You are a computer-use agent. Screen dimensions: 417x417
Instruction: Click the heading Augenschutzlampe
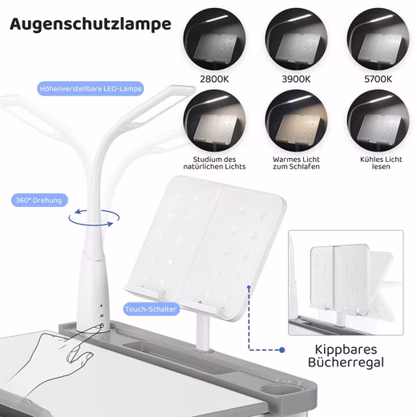91,24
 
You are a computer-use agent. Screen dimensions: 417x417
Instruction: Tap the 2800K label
214,79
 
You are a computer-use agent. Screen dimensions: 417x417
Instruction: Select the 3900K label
296,79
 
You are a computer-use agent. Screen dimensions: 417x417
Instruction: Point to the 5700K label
378,79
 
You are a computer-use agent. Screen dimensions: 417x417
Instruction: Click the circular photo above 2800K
215,39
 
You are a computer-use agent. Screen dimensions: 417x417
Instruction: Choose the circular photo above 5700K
378,39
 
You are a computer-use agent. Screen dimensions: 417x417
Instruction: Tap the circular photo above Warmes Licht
296,121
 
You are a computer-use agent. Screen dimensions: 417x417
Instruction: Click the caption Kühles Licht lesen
381,163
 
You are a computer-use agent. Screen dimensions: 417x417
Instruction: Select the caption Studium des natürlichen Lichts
214,163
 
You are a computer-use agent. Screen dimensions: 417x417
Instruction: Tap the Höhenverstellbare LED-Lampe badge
91,89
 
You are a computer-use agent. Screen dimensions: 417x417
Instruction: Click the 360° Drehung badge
39,200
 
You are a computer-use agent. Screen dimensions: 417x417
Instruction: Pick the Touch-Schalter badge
152,310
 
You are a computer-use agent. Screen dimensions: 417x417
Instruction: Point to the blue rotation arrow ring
94,224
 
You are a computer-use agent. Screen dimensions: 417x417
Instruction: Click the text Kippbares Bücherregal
346,356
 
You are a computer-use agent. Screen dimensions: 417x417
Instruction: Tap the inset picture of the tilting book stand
346,283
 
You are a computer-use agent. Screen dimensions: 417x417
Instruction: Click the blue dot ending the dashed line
281,350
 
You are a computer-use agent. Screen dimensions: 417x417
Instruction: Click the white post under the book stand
203,331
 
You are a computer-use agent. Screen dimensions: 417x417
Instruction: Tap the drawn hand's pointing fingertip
101,326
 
